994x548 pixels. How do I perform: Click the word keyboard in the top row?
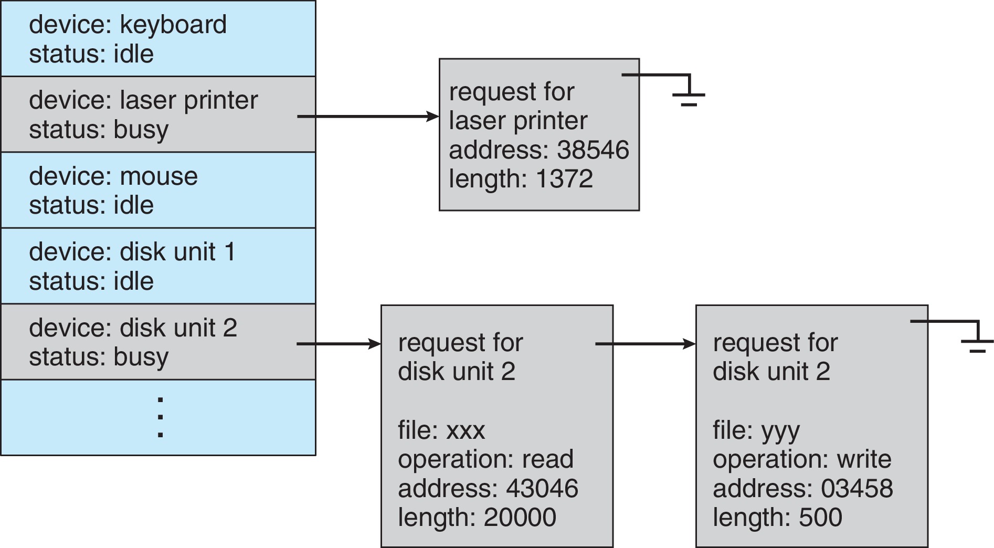tap(173, 25)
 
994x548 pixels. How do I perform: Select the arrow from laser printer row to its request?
tap(367, 116)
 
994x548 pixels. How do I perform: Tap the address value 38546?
tap(593, 150)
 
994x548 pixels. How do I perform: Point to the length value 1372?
tap(564, 179)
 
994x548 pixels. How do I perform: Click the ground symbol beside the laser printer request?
tap(689, 94)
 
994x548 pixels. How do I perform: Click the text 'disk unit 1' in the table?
tap(177, 252)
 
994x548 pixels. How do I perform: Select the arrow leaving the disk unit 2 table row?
tap(339, 344)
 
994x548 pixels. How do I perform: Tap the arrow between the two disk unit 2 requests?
tap(646, 344)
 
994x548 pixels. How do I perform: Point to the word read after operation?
tap(547, 459)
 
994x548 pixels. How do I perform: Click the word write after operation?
tap(864, 459)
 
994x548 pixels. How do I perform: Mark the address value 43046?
tap(542, 489)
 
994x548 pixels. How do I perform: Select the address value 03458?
tap(856, 489)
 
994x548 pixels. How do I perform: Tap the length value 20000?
tap(520, 518)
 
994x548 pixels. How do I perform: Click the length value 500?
tap(820, 518)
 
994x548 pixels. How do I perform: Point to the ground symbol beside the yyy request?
tap(977, 341)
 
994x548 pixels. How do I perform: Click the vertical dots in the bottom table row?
tap(160, 417)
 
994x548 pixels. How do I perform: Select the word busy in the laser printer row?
tap(141, 130)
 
